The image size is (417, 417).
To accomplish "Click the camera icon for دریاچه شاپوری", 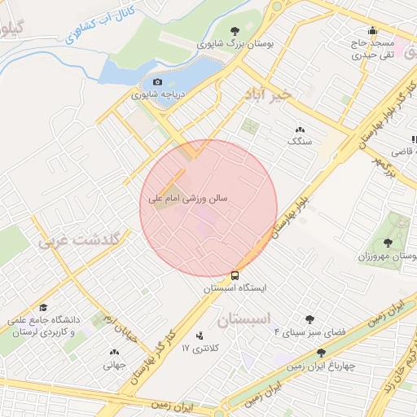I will coord(157,81).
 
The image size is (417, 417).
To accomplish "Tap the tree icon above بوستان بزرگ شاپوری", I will coord(235,30).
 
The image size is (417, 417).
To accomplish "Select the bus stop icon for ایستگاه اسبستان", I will coord(235,275).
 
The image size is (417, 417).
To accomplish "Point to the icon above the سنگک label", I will coord(299,129).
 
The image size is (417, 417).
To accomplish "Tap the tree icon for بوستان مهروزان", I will coord(387,244).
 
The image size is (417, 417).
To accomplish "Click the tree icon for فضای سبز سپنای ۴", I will coord(309,319).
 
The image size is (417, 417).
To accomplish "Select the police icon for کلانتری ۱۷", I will coord(200,335).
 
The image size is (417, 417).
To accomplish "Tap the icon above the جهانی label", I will coord(112,353).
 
